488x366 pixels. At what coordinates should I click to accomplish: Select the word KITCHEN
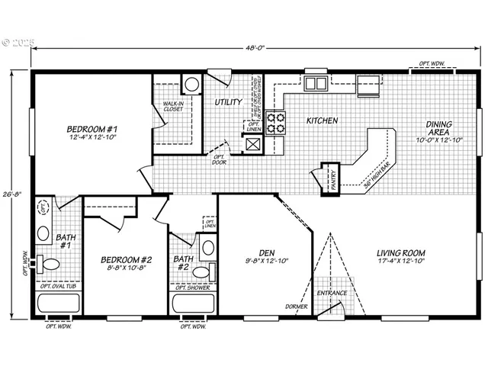323,121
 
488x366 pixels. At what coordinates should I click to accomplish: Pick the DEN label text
266,253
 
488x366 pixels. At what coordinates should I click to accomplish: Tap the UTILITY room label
228,101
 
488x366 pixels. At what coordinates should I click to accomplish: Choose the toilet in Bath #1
50,265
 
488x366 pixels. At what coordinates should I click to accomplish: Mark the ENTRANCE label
332,293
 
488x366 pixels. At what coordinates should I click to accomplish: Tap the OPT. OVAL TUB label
59,287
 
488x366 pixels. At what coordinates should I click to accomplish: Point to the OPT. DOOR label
220,159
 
